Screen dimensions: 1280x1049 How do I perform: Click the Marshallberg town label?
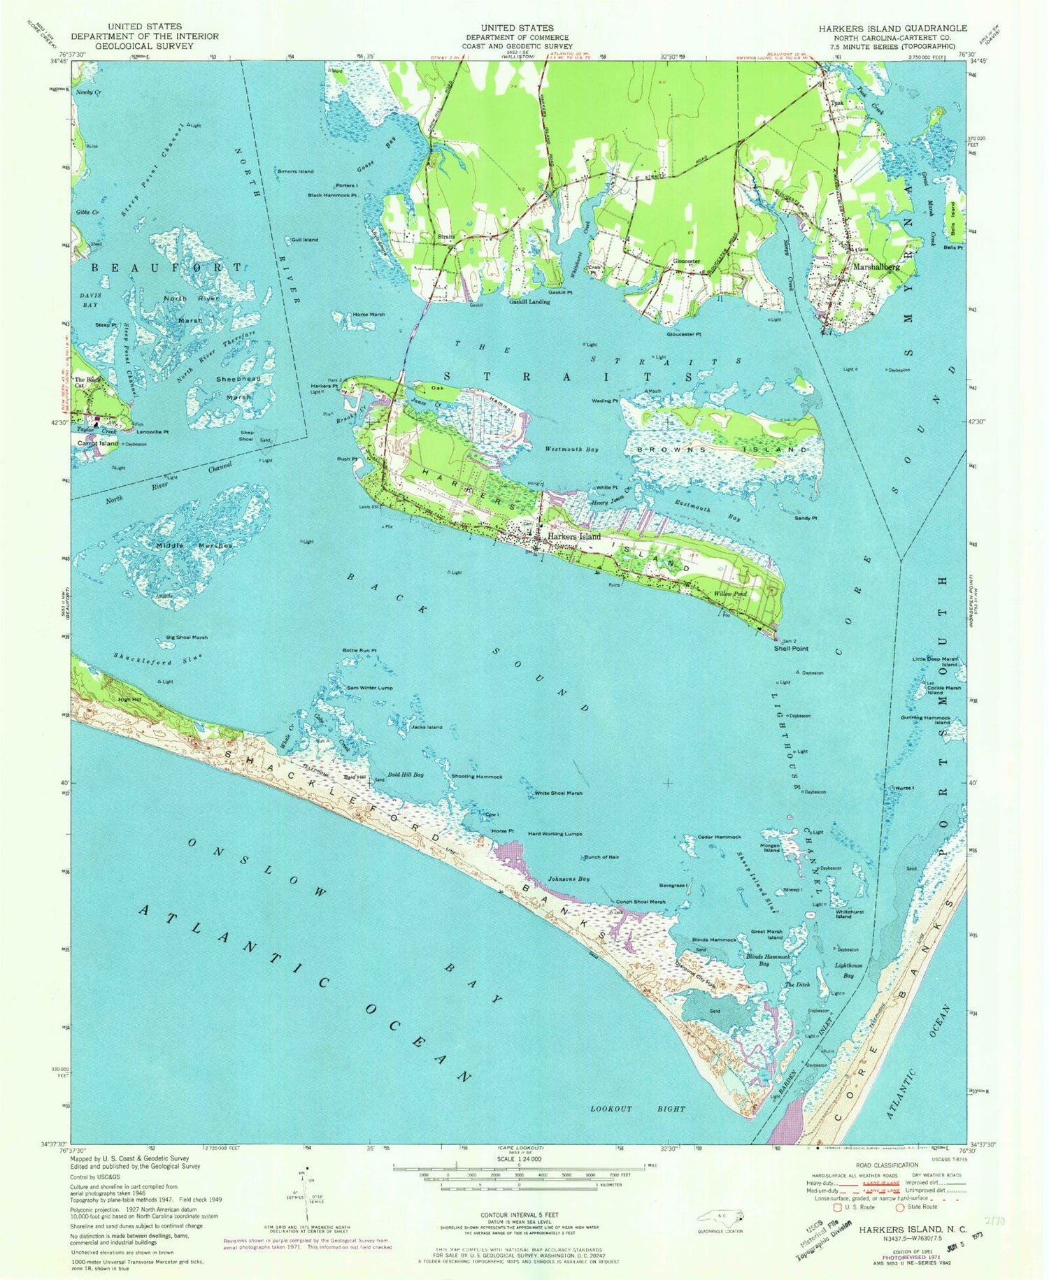click(875, 267)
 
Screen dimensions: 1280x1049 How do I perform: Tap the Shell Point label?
click(790, 648)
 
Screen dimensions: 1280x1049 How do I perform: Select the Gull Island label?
click(304, 240)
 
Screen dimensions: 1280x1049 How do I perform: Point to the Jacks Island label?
click(427, 727)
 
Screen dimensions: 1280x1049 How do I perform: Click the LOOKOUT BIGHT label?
click(637, 1109)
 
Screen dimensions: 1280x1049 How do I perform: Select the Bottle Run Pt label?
click(359, 651)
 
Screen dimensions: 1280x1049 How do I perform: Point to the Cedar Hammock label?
click(720, 837)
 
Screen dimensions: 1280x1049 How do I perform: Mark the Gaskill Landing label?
click(529, 302)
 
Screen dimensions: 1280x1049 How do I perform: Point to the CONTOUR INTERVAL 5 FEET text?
click(519, 1216)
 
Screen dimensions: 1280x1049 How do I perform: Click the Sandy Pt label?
click(806, 518)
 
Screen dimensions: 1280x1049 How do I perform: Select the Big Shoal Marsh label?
click(187, 638)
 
